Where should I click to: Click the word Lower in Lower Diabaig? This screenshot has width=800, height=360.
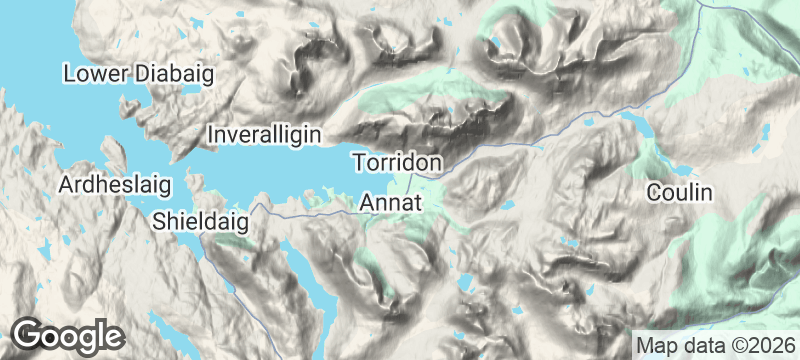[93, 74]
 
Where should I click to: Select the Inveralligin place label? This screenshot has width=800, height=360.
[270, 133]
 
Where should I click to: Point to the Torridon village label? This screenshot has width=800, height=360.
[398, 161]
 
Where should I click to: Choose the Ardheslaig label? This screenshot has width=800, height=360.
[116, 185]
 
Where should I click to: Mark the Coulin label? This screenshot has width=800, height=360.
[679, 191]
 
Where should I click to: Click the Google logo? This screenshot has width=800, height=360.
[68, 336]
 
